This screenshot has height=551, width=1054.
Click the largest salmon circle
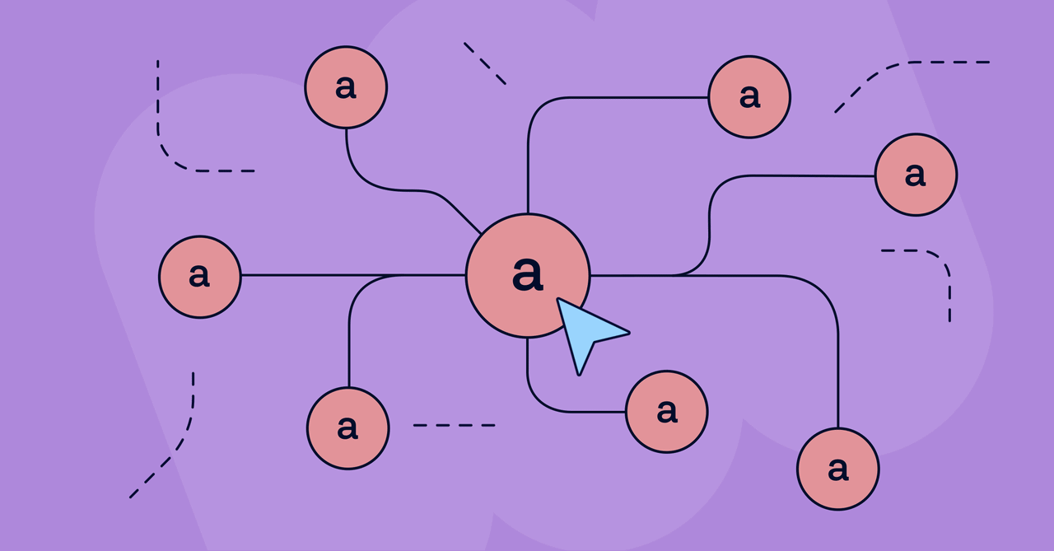point(528,276)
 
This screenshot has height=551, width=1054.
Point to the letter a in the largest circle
point(528,274)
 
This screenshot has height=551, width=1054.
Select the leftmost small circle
point(200,277)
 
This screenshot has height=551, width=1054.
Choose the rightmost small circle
point(916,175)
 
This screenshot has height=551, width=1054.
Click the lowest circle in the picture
point(838,469)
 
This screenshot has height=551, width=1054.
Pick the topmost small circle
point(346,87)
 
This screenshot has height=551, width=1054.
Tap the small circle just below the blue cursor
point(667,412)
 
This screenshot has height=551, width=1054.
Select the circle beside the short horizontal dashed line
point(347,428)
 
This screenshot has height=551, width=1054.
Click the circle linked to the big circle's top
point(749,97)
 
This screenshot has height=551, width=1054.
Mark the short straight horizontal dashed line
point(454,425)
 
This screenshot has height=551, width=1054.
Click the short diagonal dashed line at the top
point(485,63)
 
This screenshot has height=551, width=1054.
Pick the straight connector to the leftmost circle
point(353,275)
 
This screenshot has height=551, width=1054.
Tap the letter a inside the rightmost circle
point(915,175)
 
